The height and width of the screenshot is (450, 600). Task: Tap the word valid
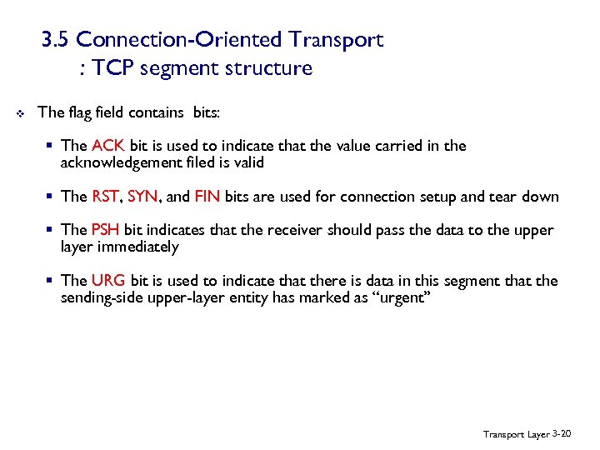(x=247, y=163)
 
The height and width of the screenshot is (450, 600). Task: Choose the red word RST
(x=105, y=197)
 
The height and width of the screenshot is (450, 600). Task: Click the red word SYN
(x=142, y=197)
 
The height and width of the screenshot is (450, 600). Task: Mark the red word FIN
(x=207, y=197)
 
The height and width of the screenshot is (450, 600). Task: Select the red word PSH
(x=106, y=230)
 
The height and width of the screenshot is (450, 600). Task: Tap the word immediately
(x=138, y=247)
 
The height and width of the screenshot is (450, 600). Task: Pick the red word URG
(x=107, y=281)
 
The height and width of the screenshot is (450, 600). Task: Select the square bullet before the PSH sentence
(x=51, y=230)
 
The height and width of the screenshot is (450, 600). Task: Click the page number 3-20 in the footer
(x=563, y=434)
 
